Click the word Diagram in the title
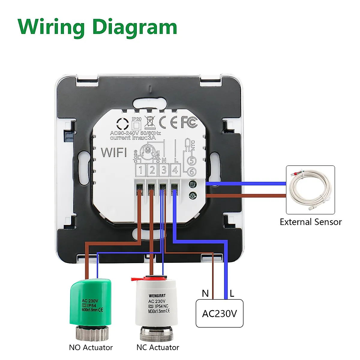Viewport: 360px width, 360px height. tap(135, 28)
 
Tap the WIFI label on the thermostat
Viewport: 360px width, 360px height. tap(114, 152)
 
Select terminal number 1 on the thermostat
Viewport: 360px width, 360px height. tap(140, 170)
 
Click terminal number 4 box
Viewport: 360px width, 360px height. tap(175, 170)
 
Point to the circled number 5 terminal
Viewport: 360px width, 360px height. tap(191, 161)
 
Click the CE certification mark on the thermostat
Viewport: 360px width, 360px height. tap(168, 122)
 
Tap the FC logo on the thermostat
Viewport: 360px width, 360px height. tap(189, 122)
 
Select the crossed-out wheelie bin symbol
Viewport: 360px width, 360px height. tap(149, 121)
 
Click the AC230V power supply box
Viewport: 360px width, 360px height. tap(219, 313)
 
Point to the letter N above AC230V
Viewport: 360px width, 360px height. tap(205, 293)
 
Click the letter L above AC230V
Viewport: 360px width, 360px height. tap(232, 293)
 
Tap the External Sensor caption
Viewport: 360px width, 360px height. tap(310, 222)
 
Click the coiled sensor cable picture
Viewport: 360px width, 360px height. tap(310, 190)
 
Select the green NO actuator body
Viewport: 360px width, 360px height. tap(91, 303)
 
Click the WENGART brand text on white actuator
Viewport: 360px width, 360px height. tap(157, 296)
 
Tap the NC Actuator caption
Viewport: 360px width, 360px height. tap(157, 347)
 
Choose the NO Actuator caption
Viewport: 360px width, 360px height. tap(91, 347)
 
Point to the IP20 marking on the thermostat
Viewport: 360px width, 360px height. tap(136, 119)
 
